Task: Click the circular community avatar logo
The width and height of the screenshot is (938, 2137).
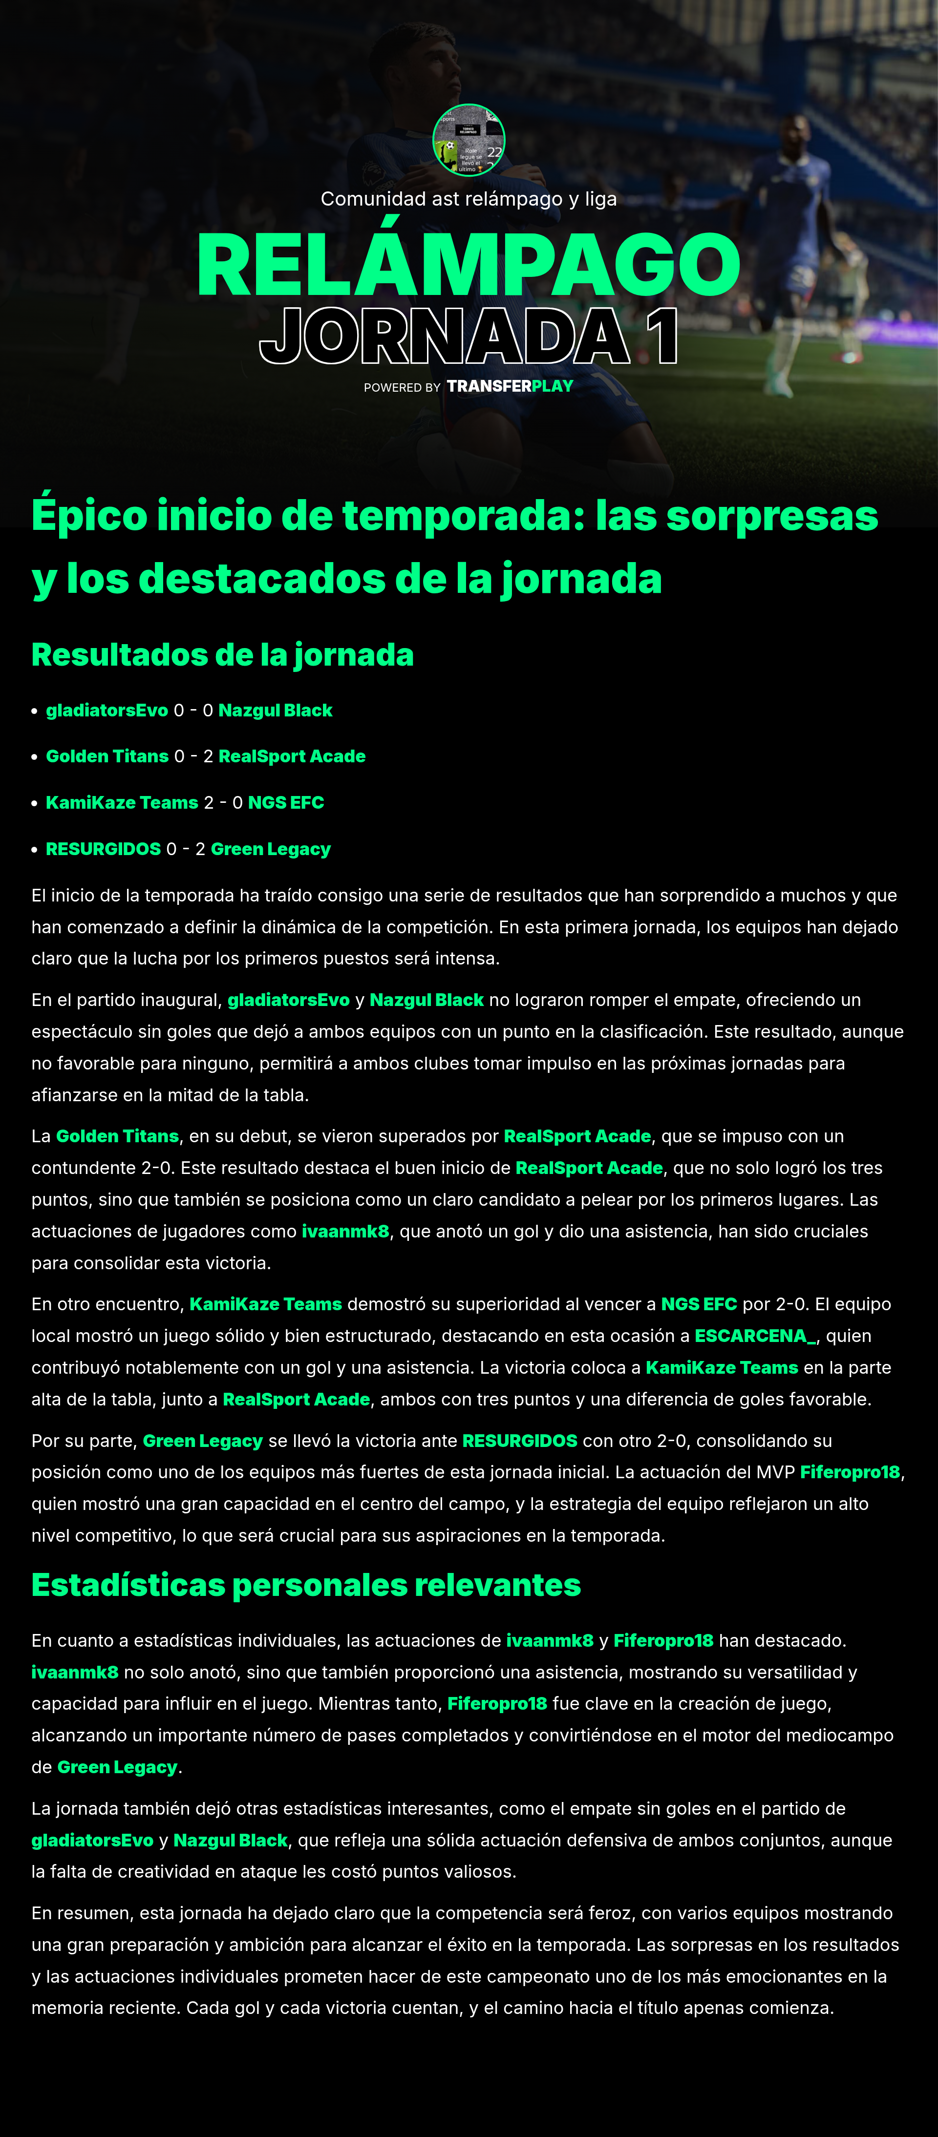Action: click(x=469, y=140)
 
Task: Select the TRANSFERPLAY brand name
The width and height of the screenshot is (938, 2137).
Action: click(x=510, y=386)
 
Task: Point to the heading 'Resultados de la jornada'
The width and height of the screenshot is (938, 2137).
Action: click(x=222, y=654)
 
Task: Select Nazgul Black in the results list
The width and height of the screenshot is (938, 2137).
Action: click(x=275, y=710)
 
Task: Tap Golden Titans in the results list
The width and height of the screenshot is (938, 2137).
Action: click(x=107, y=756)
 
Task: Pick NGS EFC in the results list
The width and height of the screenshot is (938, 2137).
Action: click(x=285, y=803)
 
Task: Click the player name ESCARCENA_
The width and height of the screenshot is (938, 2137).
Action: click(x=754, y=1336)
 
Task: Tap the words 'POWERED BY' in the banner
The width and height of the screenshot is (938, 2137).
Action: click(x=402, y=387)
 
